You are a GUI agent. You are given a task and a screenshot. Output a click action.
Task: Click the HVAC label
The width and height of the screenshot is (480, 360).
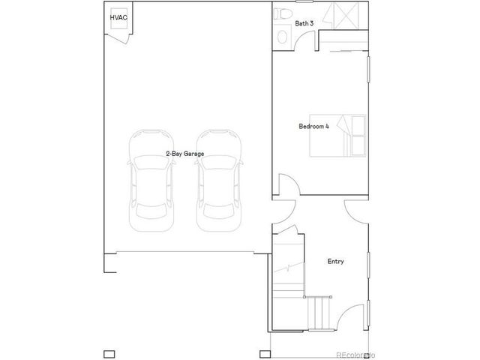tap(118, 16)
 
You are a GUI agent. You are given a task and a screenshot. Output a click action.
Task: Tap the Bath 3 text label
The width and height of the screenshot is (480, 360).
tap(304, 23)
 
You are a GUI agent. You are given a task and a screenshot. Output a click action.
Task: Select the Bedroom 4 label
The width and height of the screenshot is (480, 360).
tap(313, 126)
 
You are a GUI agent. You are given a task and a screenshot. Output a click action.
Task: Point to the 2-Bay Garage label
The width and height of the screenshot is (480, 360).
tap(185, 153)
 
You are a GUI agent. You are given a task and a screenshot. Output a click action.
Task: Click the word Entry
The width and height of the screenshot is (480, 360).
tap(335, 262)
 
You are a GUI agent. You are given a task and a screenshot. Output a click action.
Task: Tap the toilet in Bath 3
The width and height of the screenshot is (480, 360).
tap(282, 14)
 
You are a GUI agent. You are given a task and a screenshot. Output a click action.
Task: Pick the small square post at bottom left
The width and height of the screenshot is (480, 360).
tap(108, 353)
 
